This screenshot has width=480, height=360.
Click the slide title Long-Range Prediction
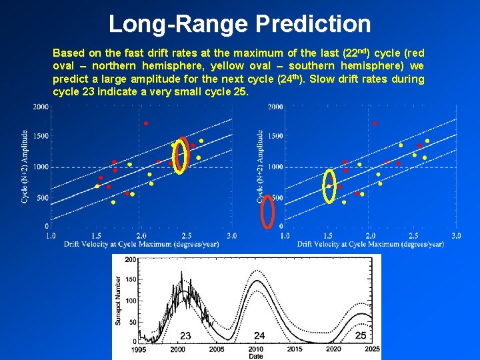tap(239, 24)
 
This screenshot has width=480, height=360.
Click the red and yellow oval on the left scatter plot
tap(181, 156)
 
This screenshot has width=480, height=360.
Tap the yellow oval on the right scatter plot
tap(329, 185)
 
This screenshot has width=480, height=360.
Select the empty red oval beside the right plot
tap(267, 211)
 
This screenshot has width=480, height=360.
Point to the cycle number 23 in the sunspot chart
tap(185, 335)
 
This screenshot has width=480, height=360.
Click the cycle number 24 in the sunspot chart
tap(259, 335)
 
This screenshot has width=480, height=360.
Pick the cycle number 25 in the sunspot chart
tap(361, 335)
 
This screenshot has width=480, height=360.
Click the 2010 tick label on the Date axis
tap(255, 349)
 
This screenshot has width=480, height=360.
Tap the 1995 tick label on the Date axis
tap(139, 349)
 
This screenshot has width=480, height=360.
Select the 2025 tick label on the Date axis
tap(372, 349)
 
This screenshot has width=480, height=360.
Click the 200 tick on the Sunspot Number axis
tap(131, 259)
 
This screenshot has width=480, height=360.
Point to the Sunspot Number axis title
tap(119, 300)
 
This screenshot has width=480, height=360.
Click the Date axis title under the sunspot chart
tap(255, 357)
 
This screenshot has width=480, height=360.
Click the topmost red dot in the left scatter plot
tap(146, 123)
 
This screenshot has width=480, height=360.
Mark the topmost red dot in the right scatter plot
tap(375, 123)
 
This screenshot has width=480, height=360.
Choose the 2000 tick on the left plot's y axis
tap(41, 107)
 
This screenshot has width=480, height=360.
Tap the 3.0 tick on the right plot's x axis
tap(456, 236)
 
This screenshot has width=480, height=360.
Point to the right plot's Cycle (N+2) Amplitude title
tap(259, 167)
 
